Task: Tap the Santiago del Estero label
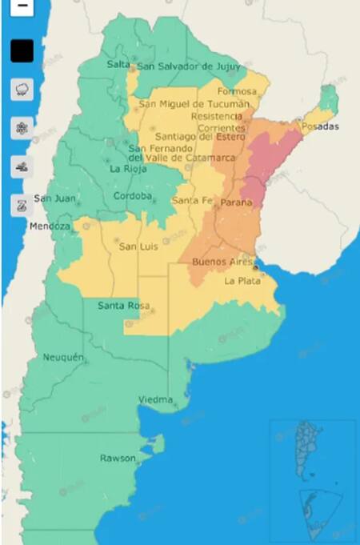[201, 136]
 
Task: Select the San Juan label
[54, 198]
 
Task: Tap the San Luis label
[138, 246]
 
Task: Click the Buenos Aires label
[218, 262]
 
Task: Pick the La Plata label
[240, 281]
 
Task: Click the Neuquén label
[63, 358]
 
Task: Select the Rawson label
[117, 458]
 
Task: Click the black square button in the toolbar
[22, 51]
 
